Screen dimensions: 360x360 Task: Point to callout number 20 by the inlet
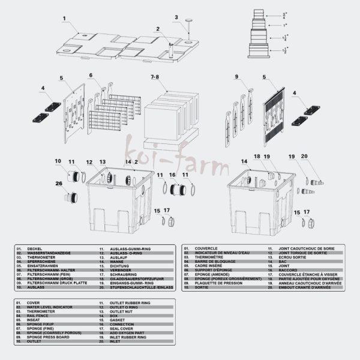coord(320,157)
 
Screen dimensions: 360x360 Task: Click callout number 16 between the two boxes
coord(172,174)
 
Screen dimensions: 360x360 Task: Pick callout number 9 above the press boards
coord(237,77)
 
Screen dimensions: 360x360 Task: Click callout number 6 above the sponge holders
coord(91,76)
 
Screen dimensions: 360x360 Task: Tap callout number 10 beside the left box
coord(58,161)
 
